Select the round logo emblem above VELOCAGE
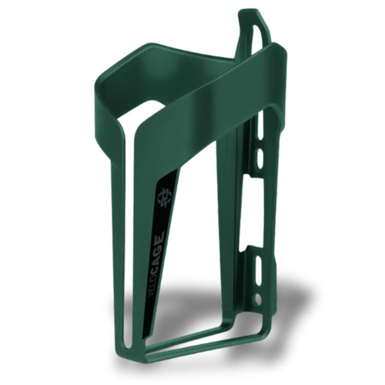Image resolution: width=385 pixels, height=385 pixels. pos(163,202)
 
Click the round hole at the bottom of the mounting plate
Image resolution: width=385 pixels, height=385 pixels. pos(257,296)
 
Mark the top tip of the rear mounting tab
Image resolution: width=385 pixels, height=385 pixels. pos(248,12)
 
